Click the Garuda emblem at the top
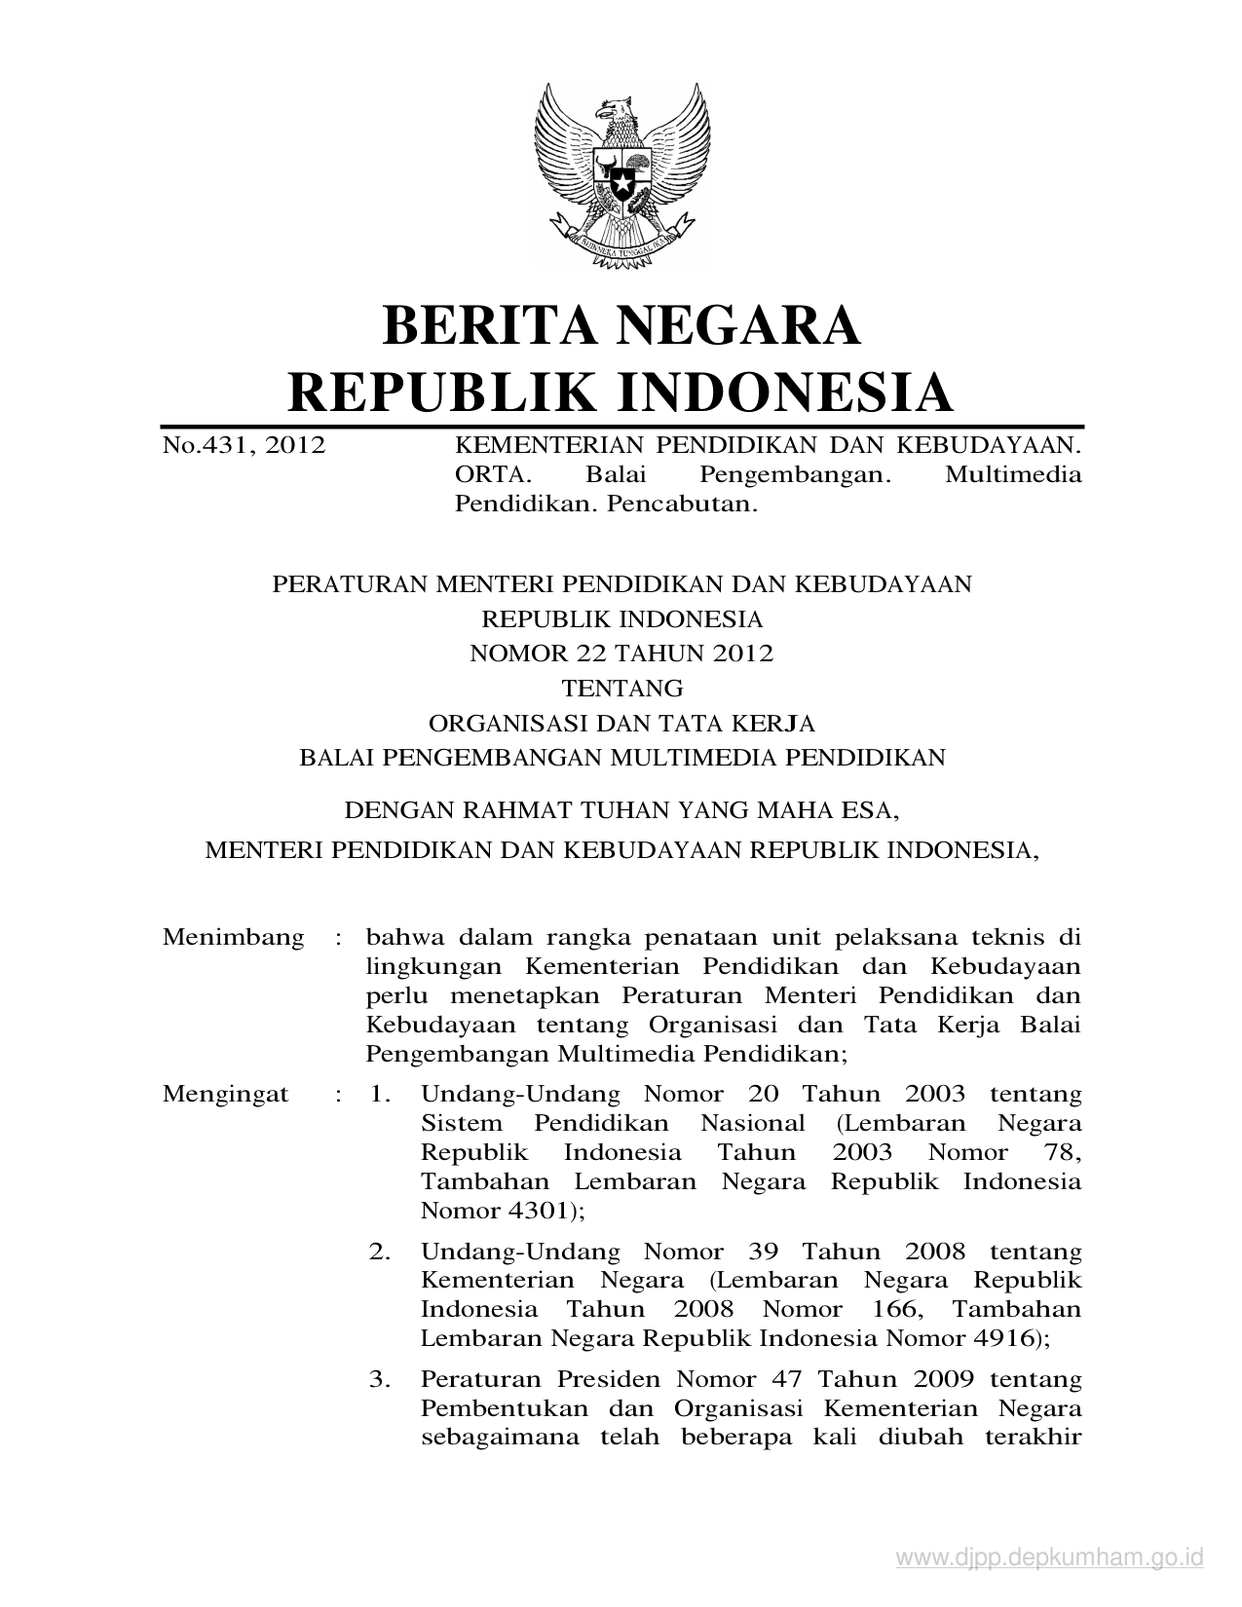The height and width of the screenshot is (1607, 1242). [x=621, y=175]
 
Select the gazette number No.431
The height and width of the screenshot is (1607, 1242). [x=205, y=447]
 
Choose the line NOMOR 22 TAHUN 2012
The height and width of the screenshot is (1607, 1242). [x=621, y=654]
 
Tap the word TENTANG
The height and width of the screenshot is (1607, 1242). [x=622, y=689]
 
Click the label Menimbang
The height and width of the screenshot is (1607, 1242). [x=234, y=938]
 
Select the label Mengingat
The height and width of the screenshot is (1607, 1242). [x=226, y=1094]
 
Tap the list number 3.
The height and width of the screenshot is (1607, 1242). [x=379, y=1379]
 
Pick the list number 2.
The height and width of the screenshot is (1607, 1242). [x=379, y=1252]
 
